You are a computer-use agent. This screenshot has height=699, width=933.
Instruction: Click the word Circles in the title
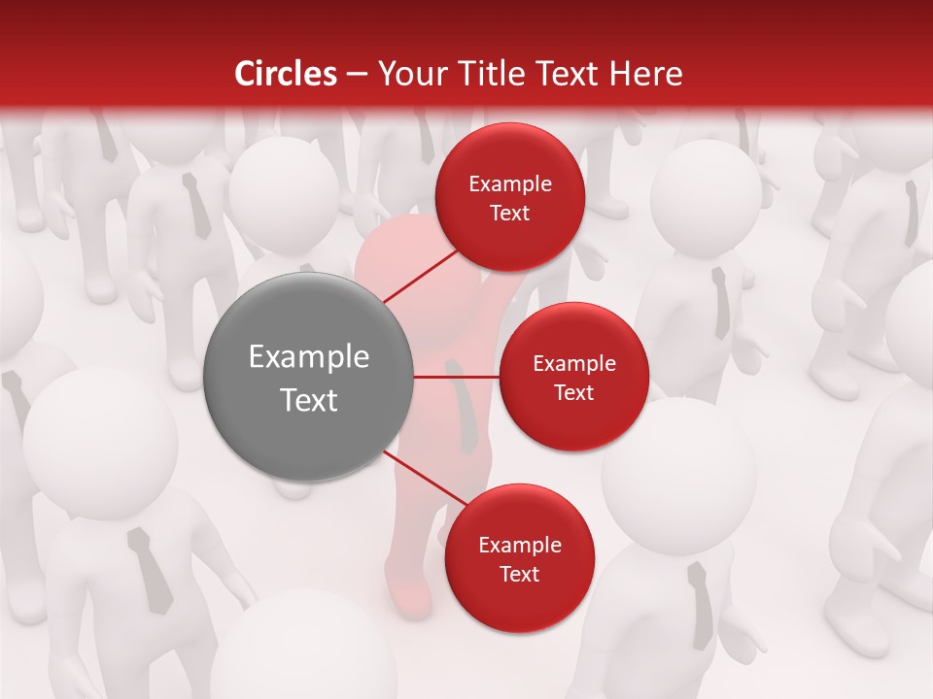tap(286, 74)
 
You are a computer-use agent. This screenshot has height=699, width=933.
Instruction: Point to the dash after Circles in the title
tap(357, 75)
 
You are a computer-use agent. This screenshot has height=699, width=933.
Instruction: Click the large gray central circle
tap(308, 377)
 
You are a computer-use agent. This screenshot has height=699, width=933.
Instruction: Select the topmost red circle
tap(509, 197)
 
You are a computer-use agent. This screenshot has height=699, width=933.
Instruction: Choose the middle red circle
tap(573, 377)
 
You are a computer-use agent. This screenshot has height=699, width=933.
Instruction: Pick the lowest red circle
tap(519, 558)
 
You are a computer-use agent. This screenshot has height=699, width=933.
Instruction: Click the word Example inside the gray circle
tap(308, 356)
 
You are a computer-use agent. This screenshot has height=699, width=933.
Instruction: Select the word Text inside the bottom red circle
tap(519, 574)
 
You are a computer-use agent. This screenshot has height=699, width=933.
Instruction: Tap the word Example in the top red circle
tap(509, 183)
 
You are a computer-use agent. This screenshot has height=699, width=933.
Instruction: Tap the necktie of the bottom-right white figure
tap(700, 602)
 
